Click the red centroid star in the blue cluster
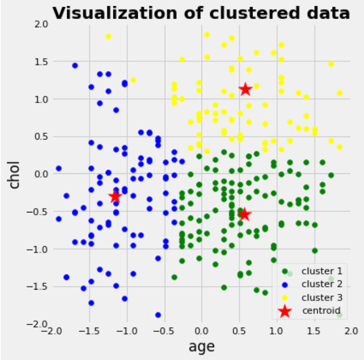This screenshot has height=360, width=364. click(x=115, y=197)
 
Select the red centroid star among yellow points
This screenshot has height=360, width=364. click(x=245, y=90)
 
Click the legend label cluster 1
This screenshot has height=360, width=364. click(x=322, y=271)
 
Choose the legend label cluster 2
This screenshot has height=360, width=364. click(x=322, y=284)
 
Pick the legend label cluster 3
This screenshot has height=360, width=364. click(x=322, y=297)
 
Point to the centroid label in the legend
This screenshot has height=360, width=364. click(x=322, y=310)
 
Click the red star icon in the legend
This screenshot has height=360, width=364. click(x=285, y=311)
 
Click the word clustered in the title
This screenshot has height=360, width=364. click(x=254, y=13)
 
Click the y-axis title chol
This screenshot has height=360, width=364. click(x=13, y=174)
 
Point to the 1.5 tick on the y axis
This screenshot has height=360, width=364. click(x=41, y=62)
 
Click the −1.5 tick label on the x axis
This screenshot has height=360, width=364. click(x=90, y=331)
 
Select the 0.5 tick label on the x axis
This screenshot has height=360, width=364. click(x=239, y=331)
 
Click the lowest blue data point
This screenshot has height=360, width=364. click(x=158, y=315)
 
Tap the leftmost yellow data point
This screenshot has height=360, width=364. click(x=109, y=36)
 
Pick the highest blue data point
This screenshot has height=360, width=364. click(x=75, y=65)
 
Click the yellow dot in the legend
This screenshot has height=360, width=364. click(x=285, y=298)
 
